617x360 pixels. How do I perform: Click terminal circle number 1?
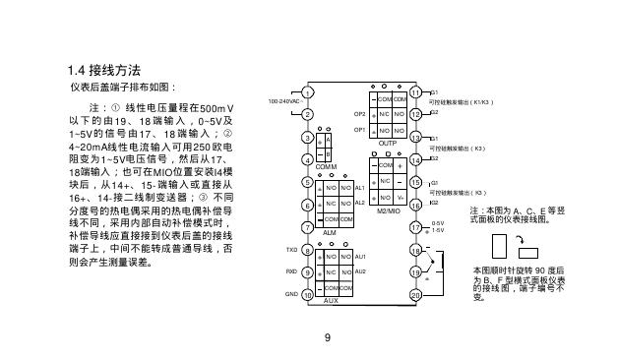307,93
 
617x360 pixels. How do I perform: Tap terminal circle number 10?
307,294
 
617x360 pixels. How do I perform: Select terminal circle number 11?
415,92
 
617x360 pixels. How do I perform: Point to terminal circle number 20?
415,294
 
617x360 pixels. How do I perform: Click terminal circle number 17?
415,227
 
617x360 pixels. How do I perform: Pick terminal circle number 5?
307,182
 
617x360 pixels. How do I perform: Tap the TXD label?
291,250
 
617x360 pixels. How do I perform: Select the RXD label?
291,271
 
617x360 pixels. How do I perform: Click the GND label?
291,294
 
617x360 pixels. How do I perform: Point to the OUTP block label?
387,143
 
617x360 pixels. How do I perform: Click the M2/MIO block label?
387,210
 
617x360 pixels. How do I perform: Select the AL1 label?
360,187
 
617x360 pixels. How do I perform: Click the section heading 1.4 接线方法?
108,72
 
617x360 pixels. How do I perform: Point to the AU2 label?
360,271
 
